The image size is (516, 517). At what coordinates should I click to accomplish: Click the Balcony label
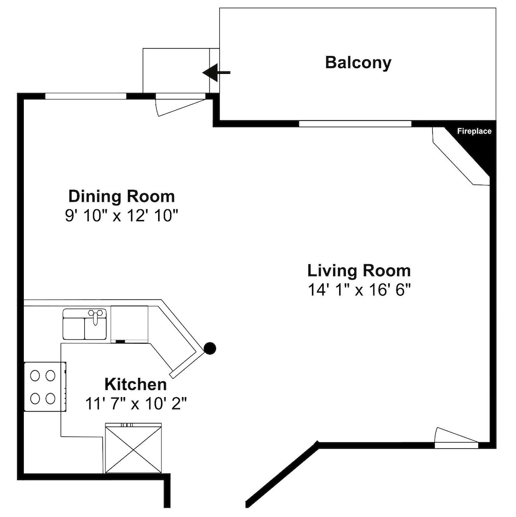point(358,63)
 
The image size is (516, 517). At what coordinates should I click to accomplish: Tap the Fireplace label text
point(474,131)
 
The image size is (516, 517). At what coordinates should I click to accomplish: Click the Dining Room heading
point(122,196)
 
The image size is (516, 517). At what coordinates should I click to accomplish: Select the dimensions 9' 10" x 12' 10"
point(122,216)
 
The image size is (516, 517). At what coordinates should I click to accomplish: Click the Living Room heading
point(359,271)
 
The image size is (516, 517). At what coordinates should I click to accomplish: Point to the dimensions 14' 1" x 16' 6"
point(359,290)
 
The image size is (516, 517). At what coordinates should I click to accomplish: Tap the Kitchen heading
point(135,385)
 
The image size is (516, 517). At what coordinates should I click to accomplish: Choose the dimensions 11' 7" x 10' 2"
point(136,404)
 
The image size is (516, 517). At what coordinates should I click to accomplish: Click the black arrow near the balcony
point(216,72)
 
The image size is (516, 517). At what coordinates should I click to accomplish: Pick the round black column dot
point(210,348)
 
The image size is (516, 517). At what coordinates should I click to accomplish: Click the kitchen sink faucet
point(95,315)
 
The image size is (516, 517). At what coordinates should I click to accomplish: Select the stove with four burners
point(45,387)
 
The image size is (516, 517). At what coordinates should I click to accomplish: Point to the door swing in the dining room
point(180,105)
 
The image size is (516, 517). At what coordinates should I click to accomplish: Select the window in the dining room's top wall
point(86,96)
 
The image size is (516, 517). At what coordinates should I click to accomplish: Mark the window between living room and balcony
point(355,124)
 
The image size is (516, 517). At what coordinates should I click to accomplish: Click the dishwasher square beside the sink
point(129,324)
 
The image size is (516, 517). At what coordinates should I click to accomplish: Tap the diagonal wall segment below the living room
point(282,474)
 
